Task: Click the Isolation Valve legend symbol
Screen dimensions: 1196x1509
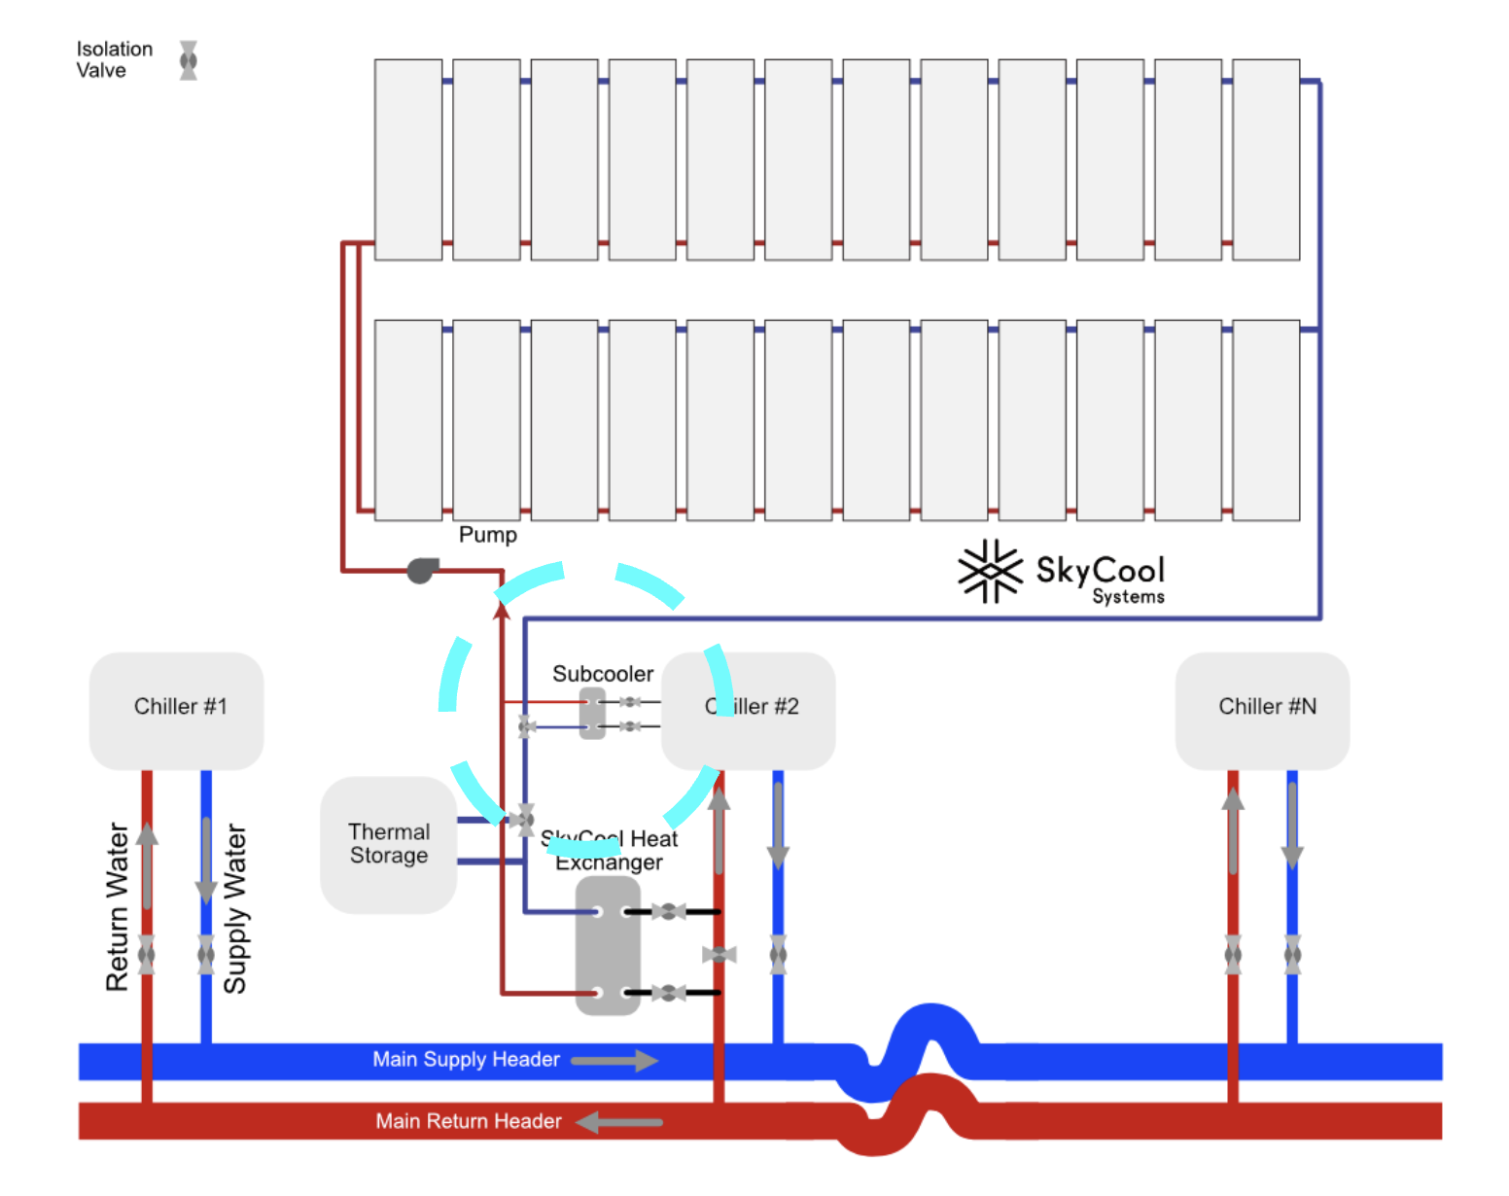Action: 189,60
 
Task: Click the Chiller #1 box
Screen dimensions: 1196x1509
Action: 177,710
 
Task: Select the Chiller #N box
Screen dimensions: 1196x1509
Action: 1262,710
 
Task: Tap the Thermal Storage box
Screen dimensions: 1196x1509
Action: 388,844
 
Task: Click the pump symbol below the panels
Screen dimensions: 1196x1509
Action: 422,570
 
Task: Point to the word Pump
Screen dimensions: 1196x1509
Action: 487,535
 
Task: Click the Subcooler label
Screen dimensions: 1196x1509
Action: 603,674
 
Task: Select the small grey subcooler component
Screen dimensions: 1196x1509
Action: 592,714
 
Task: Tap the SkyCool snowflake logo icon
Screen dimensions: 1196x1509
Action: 990,572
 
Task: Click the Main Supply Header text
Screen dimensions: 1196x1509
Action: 466,1060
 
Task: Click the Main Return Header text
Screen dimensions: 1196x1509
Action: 469,1121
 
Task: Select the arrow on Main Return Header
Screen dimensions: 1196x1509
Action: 618,1122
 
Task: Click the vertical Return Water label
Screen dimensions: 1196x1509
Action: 118,906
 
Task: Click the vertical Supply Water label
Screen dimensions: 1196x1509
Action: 235,908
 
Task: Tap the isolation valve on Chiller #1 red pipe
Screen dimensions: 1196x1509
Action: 147,955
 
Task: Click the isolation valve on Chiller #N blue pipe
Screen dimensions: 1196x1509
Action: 1292,955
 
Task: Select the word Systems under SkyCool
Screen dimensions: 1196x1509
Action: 1128,597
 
